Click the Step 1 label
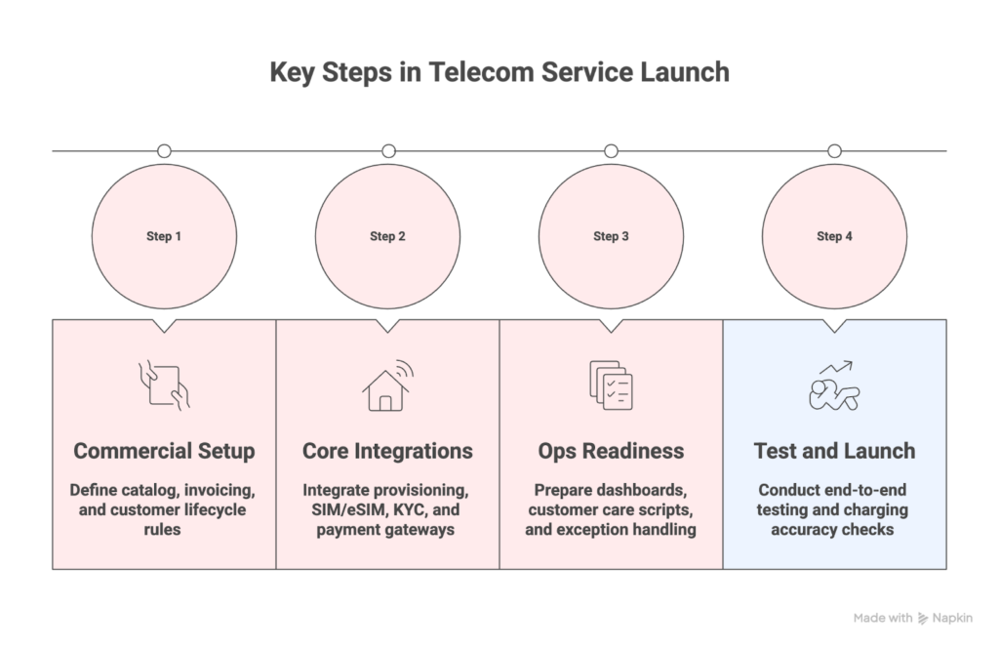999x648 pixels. (x=164, y=236)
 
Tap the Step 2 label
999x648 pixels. (x=387, y=236)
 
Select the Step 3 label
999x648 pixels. (x=611, y=236)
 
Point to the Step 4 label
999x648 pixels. (x=834, y=236)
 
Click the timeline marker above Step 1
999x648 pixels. (x=164, y=151)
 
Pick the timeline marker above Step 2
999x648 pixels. (x=388, y=151)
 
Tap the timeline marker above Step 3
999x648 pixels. (x=611, y=151)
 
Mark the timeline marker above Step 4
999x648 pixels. (x=834, y=151)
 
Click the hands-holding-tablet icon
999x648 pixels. (x=164, y=385)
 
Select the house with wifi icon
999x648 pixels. (x=387, y=385)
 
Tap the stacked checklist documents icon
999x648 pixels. (x=611, y=385)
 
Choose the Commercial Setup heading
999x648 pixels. (x=164, y=451)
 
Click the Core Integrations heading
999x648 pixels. (x=387, y=451)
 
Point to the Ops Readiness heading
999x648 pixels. (x=611, y=451)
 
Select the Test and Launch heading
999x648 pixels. (x=834, y=451)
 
